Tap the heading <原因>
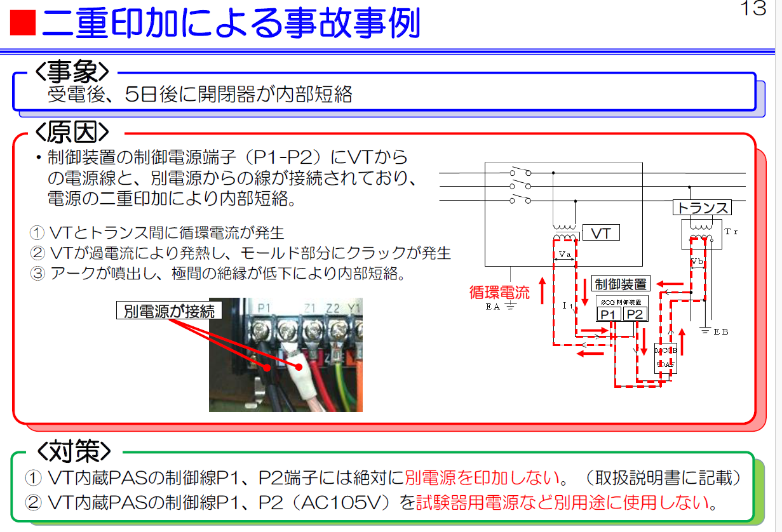[72, 132]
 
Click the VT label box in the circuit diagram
[600, 234]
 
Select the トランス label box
[701, 208]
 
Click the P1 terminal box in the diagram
[609, 314]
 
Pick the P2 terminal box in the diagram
[633, 314]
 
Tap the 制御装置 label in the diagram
[619, 284]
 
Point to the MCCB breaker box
[665, 357]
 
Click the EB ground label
[721, 332]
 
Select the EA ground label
[494, 306]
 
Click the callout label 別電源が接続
[169, 311]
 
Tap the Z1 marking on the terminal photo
[311, 308]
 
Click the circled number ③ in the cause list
[38, 274]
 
